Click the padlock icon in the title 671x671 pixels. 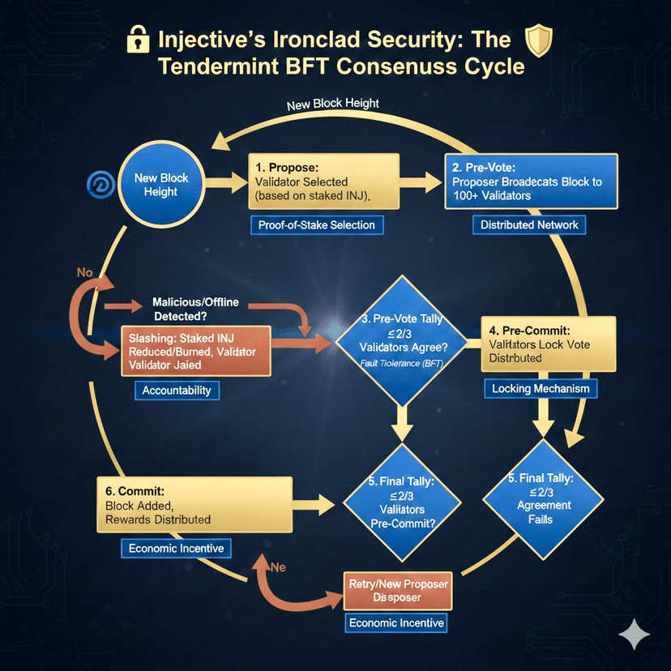tap(140, 40)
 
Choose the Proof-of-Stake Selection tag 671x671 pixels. tap(317, 224)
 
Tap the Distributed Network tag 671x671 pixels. tap(529, 224)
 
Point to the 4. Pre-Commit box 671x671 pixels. tap(541, 344)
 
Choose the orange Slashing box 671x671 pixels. tap(194, 352)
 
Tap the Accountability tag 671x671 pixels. tap(176, 391)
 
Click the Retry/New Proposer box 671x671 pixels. tap(396, 590)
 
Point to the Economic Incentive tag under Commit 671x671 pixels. tap(176, 549)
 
